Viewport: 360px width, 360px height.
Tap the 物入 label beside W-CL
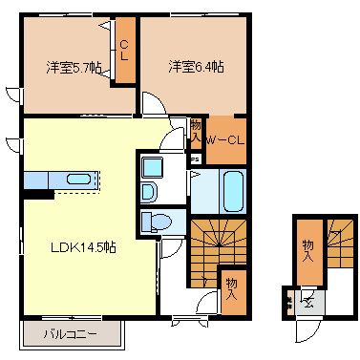(x=196, y=131)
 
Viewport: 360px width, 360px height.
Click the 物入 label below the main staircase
(x=232, y=287)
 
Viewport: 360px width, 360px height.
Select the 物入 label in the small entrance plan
(x=307, y=251)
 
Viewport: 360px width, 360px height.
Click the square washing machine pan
(x=153, y=167)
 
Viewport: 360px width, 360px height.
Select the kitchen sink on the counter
(x=77, y=179)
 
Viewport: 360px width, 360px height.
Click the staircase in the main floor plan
(x=218, y=245)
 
